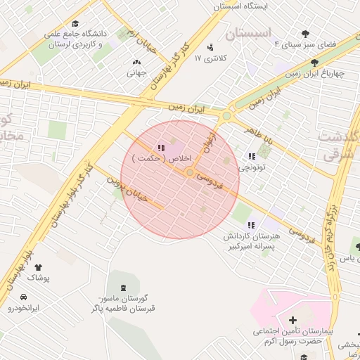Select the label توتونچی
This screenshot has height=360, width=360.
(252, 167)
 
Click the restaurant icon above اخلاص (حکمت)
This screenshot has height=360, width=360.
(161, 148)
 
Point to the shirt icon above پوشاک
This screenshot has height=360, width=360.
(38, 267)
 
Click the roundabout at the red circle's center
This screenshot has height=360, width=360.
(190, 172)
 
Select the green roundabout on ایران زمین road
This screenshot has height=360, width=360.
(226, 116)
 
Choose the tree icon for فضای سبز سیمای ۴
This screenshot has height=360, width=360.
(304, 34)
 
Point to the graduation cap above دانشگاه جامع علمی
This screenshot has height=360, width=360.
(75, 22)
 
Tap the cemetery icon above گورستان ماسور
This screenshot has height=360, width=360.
(124, 287)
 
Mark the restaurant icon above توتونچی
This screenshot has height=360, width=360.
(252, 156)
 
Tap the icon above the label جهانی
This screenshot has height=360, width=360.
(136, 62)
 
